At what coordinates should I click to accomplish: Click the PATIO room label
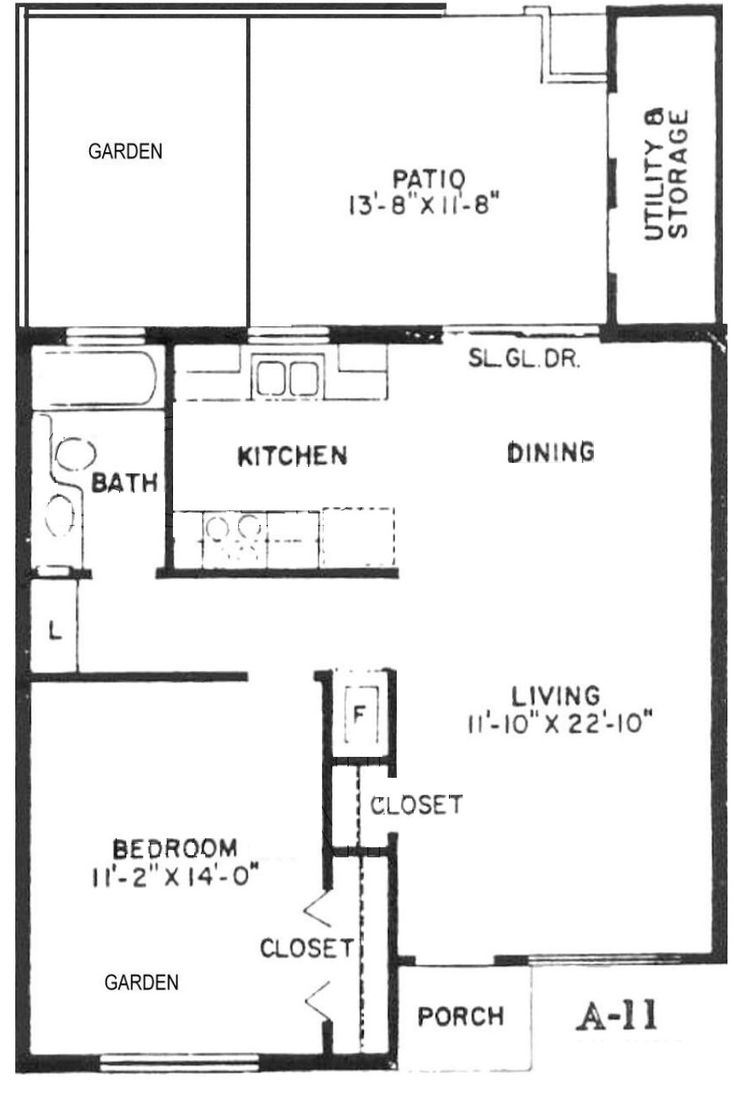[x=428, y=179]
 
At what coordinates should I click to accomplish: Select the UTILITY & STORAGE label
[x=666, y=174]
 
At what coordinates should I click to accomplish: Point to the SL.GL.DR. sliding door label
[x=524, y=359]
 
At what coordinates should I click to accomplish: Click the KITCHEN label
[x=293, y=456]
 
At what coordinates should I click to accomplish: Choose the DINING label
[x=550, y=452]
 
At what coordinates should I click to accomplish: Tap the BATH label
[x=125, y=483]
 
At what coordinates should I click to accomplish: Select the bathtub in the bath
[x=94, y=378]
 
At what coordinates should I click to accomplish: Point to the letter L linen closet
[x=56, y=630]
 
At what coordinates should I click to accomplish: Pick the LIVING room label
[x=555, y=696]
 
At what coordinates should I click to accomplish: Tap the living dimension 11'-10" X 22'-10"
[x=560, y=723]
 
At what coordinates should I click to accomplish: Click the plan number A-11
[x=616, y=1014]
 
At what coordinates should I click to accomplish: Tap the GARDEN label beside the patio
[x=125, y=151]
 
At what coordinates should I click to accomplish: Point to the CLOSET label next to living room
[x=416, y=804]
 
